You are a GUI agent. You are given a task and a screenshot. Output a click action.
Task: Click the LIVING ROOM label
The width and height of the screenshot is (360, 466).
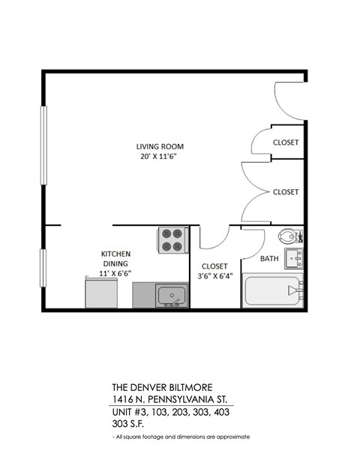click(x=160, y=146)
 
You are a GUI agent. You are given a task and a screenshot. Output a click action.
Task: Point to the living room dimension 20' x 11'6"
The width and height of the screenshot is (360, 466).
click(x=160, y=157)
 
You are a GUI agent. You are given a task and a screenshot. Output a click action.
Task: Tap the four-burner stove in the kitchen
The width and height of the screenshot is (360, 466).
click(x=172, y=240)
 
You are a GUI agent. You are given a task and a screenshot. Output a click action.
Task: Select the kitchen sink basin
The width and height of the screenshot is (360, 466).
click(x=172, y=296)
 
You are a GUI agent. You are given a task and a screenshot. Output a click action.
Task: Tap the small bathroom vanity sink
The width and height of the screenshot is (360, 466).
click(x=294, y=259)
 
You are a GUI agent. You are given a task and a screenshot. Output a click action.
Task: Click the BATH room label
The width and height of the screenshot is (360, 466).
click(x=269, y=259)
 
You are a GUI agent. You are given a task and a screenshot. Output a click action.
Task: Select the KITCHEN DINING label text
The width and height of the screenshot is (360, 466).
click(x=115, y=259)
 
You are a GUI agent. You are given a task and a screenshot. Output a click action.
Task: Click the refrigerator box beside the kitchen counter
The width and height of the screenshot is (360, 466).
click(x=97, y=292)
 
